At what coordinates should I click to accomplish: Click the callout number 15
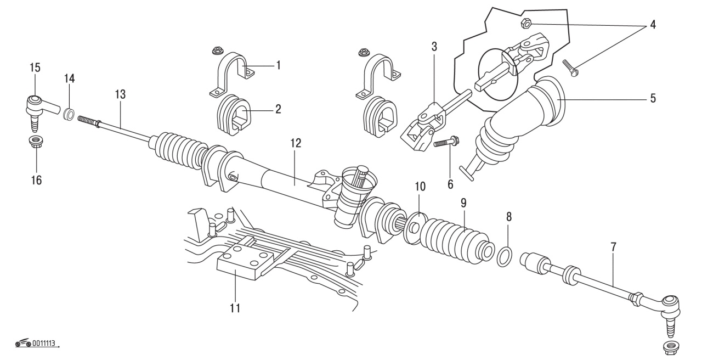(35, 67)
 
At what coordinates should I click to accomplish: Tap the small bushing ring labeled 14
(69, 114)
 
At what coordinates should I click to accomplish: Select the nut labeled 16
(36, 143)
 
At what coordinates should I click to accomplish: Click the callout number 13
(120, 94)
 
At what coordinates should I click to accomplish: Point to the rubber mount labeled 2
(232, 115)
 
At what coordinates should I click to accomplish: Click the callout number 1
(278, 65)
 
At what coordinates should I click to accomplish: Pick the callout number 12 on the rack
(296, 143)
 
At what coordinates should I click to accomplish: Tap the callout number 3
(434, 47)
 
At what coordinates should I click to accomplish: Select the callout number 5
(653, 98)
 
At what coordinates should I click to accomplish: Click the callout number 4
(653, 25)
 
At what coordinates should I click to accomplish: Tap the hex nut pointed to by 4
(525, 23)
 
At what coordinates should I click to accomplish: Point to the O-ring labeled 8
(505, 257)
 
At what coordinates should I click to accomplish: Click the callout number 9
(463, 203)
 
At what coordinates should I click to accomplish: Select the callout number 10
(420, 187)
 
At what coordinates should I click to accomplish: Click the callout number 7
(613, 247)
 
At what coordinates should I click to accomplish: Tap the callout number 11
(235, 308)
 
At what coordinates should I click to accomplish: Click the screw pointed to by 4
(571, 68)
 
